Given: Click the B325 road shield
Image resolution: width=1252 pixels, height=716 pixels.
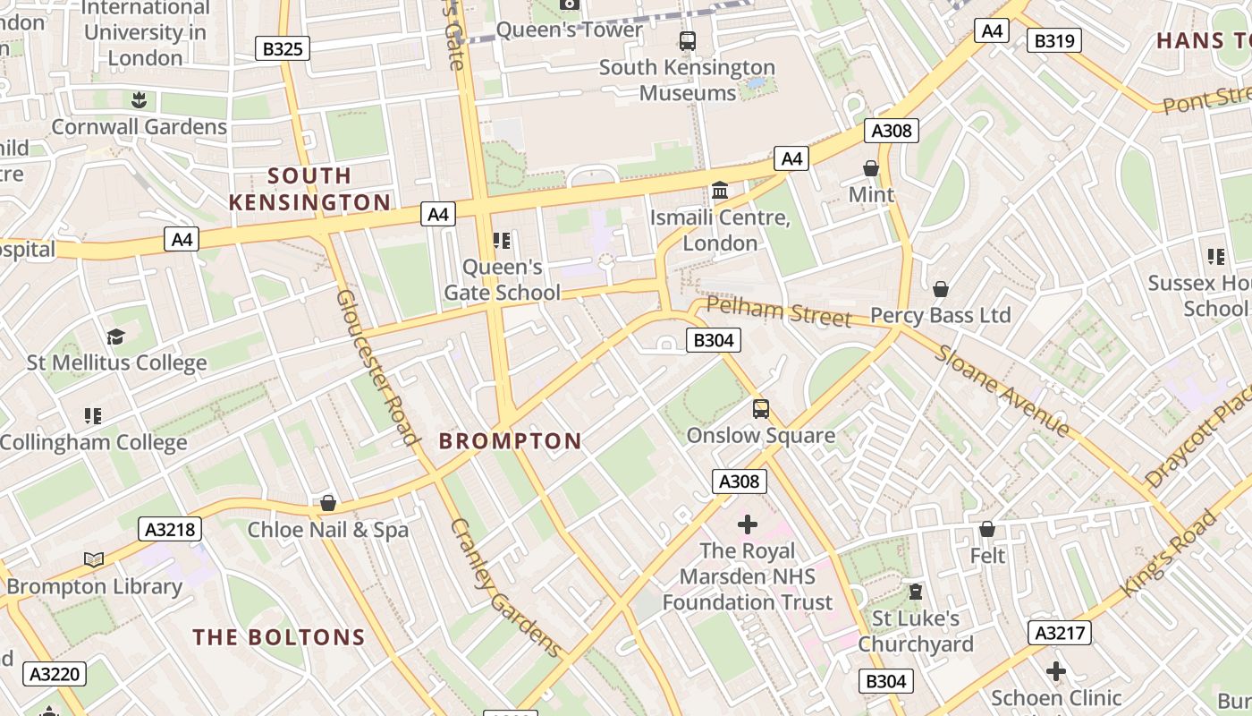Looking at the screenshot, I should coord(283,48).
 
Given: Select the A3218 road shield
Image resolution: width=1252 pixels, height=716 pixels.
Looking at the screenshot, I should coord(170,529).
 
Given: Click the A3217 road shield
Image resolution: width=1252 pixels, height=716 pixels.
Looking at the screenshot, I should coord(1060,634).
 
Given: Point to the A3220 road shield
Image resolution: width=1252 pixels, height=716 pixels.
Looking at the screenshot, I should coord(55,673).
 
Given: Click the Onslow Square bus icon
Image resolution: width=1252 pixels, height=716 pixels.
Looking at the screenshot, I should coord(760,409).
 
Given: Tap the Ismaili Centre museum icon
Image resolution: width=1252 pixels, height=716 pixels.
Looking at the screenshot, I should coord(720,191).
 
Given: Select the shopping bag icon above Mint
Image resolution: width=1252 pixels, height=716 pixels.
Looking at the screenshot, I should coord(871,168).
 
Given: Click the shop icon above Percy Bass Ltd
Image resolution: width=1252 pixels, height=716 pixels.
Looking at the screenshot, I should coord(941,289).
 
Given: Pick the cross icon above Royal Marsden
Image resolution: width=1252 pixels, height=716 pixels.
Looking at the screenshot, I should coord(748,524).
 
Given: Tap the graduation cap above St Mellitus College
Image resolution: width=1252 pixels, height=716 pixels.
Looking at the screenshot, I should coord(115,337).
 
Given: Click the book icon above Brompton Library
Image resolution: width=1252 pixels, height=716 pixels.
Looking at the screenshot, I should coord(94,560).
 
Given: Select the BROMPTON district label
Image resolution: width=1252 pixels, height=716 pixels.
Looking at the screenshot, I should coord(510,440).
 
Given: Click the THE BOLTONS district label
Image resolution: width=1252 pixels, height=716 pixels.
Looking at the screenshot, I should coord(279,637).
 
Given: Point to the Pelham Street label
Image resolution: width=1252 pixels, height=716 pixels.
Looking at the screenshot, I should coord(778,311).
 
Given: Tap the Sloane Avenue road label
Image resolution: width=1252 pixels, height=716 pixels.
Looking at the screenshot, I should coord(1002,390).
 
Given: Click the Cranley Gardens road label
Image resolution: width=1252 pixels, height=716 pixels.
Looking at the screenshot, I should coord(505,587).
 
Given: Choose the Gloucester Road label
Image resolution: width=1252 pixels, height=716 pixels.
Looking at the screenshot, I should coord(377,367).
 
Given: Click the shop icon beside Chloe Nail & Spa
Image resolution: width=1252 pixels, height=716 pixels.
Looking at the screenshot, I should coord(328,503).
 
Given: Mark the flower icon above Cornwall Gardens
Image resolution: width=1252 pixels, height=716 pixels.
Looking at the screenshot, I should coord(139,98).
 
